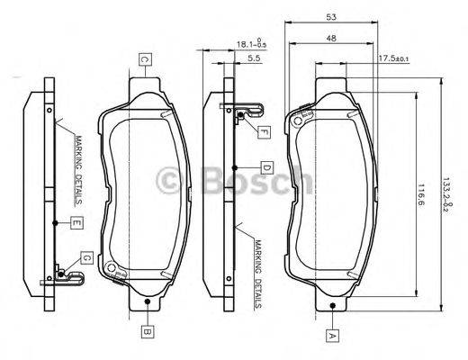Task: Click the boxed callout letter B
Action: coord(146,330)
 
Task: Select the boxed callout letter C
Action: coord(144,59)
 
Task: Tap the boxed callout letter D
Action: coord(266,167)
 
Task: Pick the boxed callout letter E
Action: coord(78,222)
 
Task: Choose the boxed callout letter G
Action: coord(86,258)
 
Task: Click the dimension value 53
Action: coord(332,17)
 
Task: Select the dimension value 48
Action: coord(332,38)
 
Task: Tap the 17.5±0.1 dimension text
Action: coord(393,58)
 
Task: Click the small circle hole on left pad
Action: coord(110,267)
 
